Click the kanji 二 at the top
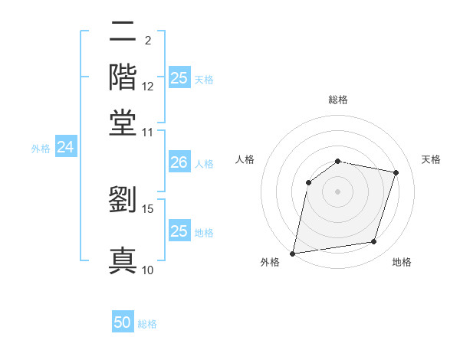coord(123,33)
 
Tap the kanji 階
coord(123,77)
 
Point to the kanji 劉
coord(123,200)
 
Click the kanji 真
coord(123,259)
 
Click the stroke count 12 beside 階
coord(148,87)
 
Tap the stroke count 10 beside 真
coord(148,270)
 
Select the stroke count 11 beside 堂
coord(148,132)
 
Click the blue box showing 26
coord(179,162)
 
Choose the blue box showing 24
coord(65,147)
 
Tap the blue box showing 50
coord(123,323)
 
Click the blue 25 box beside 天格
coord(179,78)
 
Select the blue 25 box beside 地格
coord(179,231)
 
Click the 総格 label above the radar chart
coord(338,100)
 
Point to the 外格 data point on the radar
coord(293,253)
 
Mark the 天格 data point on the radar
coord(396,172)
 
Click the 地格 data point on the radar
coord(374,242)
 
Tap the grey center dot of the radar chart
coord(338,191)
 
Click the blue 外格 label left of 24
coord(41,149)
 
